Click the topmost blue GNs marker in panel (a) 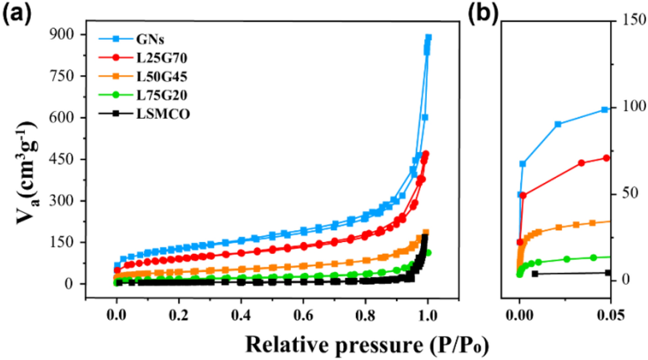pos(428,38)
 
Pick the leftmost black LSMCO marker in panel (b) pos(535,274)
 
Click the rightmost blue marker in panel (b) pos(605,110)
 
